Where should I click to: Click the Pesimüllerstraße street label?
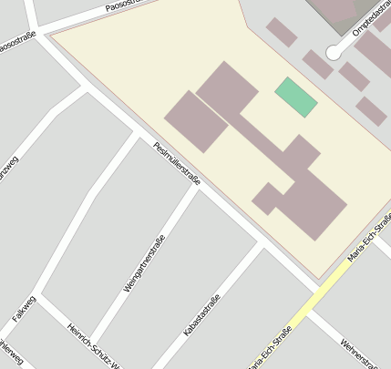pos(177,163)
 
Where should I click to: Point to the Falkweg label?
pos(23,309)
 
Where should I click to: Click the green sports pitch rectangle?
pos(296,97)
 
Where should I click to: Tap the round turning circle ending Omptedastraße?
pos(333,54)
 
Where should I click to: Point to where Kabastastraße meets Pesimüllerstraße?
pos(262,245)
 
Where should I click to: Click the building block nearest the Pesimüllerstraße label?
pos(196,120)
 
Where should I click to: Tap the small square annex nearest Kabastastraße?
pos(266,199)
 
